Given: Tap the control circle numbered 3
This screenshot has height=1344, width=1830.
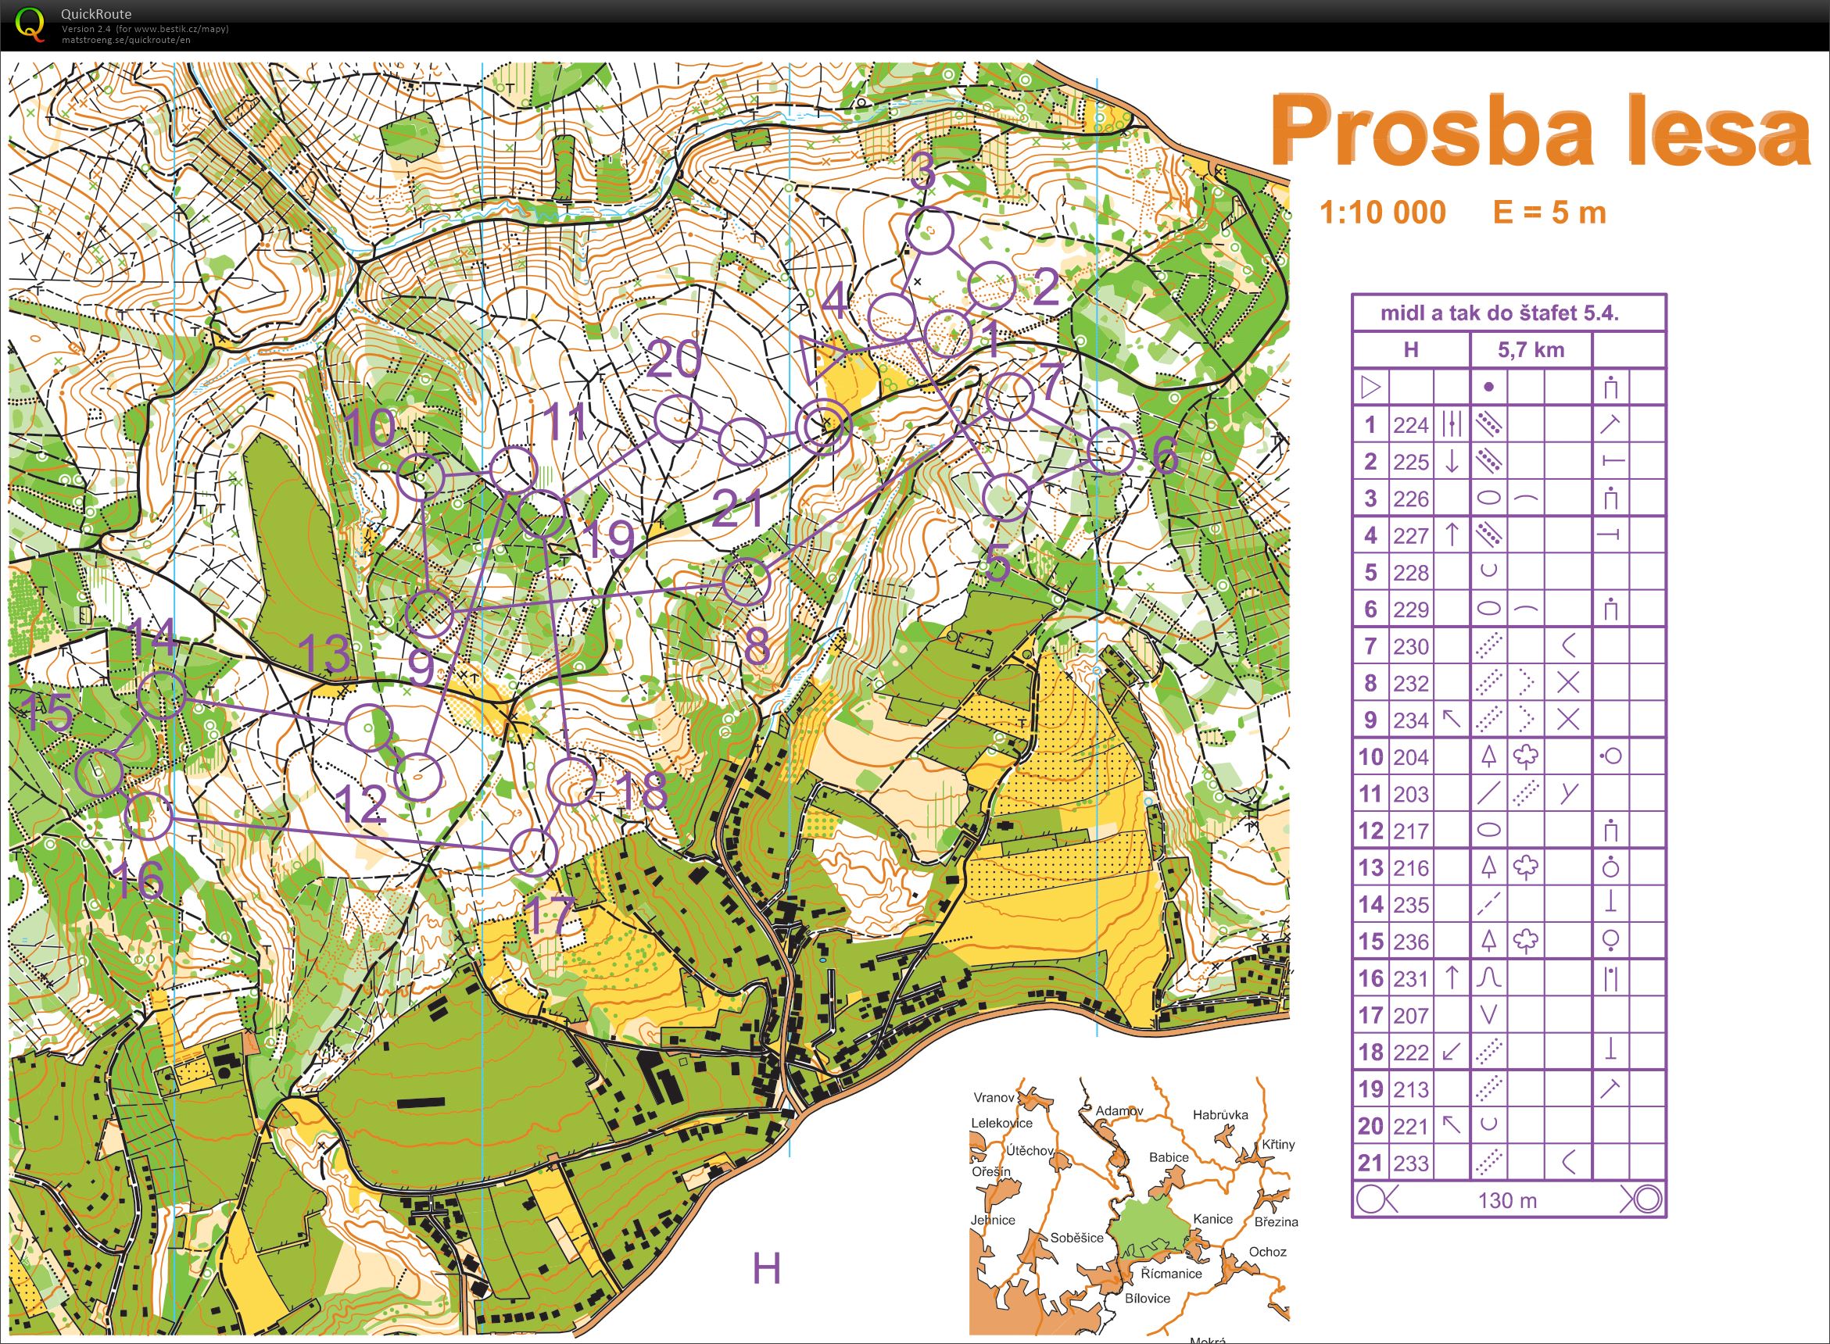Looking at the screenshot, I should (x=929, y=230).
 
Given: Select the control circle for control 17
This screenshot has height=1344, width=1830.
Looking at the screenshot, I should (x=533, y=852).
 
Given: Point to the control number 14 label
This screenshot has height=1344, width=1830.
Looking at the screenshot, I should (x=153, y=637).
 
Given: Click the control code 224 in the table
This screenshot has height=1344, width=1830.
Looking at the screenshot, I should (x=1410, y=424).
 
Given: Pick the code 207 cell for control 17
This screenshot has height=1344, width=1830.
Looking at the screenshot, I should (x=1410, y=1015).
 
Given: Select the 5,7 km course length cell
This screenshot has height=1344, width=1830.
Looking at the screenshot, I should (x=1531, y=350).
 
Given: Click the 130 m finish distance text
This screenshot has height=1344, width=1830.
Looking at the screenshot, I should (x=1507, y=1200).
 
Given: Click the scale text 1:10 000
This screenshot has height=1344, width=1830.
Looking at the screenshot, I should (x=1381, y=213).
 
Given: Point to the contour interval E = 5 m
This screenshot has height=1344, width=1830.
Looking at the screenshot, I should (x=1549, y=213).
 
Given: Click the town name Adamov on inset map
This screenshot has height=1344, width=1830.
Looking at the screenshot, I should (x=1119, y=1110).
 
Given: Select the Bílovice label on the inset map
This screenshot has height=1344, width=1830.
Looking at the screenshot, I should (x=1148, y=1299).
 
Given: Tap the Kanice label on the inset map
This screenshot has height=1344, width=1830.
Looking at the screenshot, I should (x=1212, y=1219).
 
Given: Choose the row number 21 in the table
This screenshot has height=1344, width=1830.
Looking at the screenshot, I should (x=1370, y=1163).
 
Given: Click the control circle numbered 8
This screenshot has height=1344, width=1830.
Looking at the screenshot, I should (x=745, y=582).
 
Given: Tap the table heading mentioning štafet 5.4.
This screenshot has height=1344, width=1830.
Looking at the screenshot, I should (x=1508, y=313).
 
